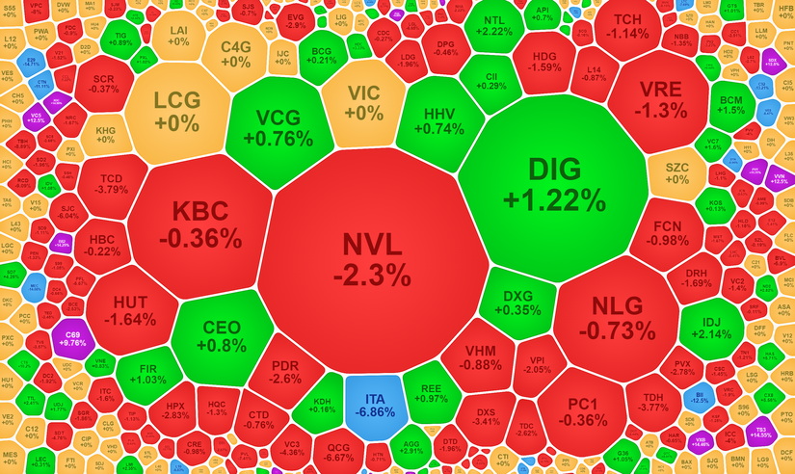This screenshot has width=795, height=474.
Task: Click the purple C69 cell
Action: (73, 336)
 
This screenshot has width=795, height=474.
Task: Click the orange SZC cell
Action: (676, 173)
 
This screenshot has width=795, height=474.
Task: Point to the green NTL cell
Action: (493, 26)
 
